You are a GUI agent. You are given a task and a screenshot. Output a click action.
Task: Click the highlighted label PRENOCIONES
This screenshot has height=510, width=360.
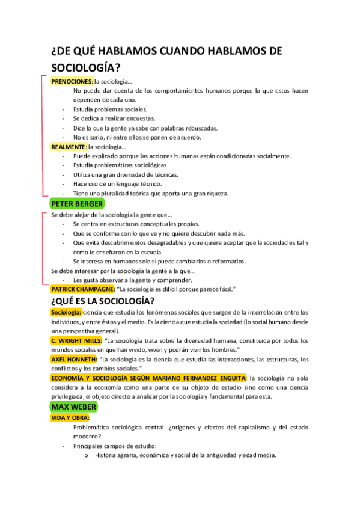pos(72,81)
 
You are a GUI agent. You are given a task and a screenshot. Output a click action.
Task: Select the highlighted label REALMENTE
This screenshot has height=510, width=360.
pos(69,146)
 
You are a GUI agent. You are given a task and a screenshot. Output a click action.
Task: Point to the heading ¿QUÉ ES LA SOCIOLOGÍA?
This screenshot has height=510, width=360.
pos(103,301)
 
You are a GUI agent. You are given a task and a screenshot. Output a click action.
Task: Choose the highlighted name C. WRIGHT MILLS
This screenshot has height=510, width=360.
pos(76,340)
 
